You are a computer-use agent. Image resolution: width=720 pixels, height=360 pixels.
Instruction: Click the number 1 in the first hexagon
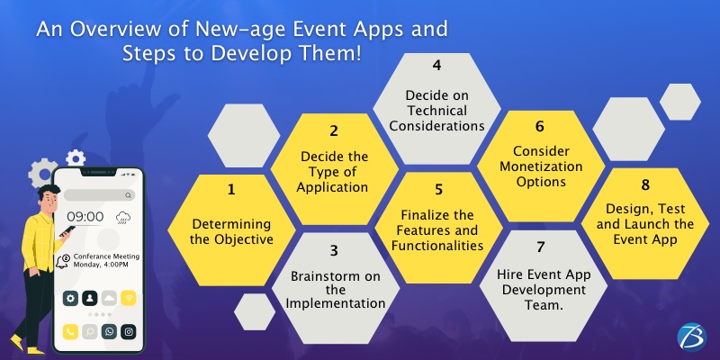pos(230,190)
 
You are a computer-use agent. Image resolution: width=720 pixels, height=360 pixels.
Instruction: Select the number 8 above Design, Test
pos(645,184)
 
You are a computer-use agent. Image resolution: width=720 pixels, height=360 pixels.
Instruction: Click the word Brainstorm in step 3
pos(335,274)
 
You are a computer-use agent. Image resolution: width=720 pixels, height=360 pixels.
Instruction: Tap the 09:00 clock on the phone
pos(85,217)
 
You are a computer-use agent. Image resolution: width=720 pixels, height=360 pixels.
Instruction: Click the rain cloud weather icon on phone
pos(121,217)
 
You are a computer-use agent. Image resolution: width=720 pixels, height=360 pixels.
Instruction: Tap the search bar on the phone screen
pos(97,194)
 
